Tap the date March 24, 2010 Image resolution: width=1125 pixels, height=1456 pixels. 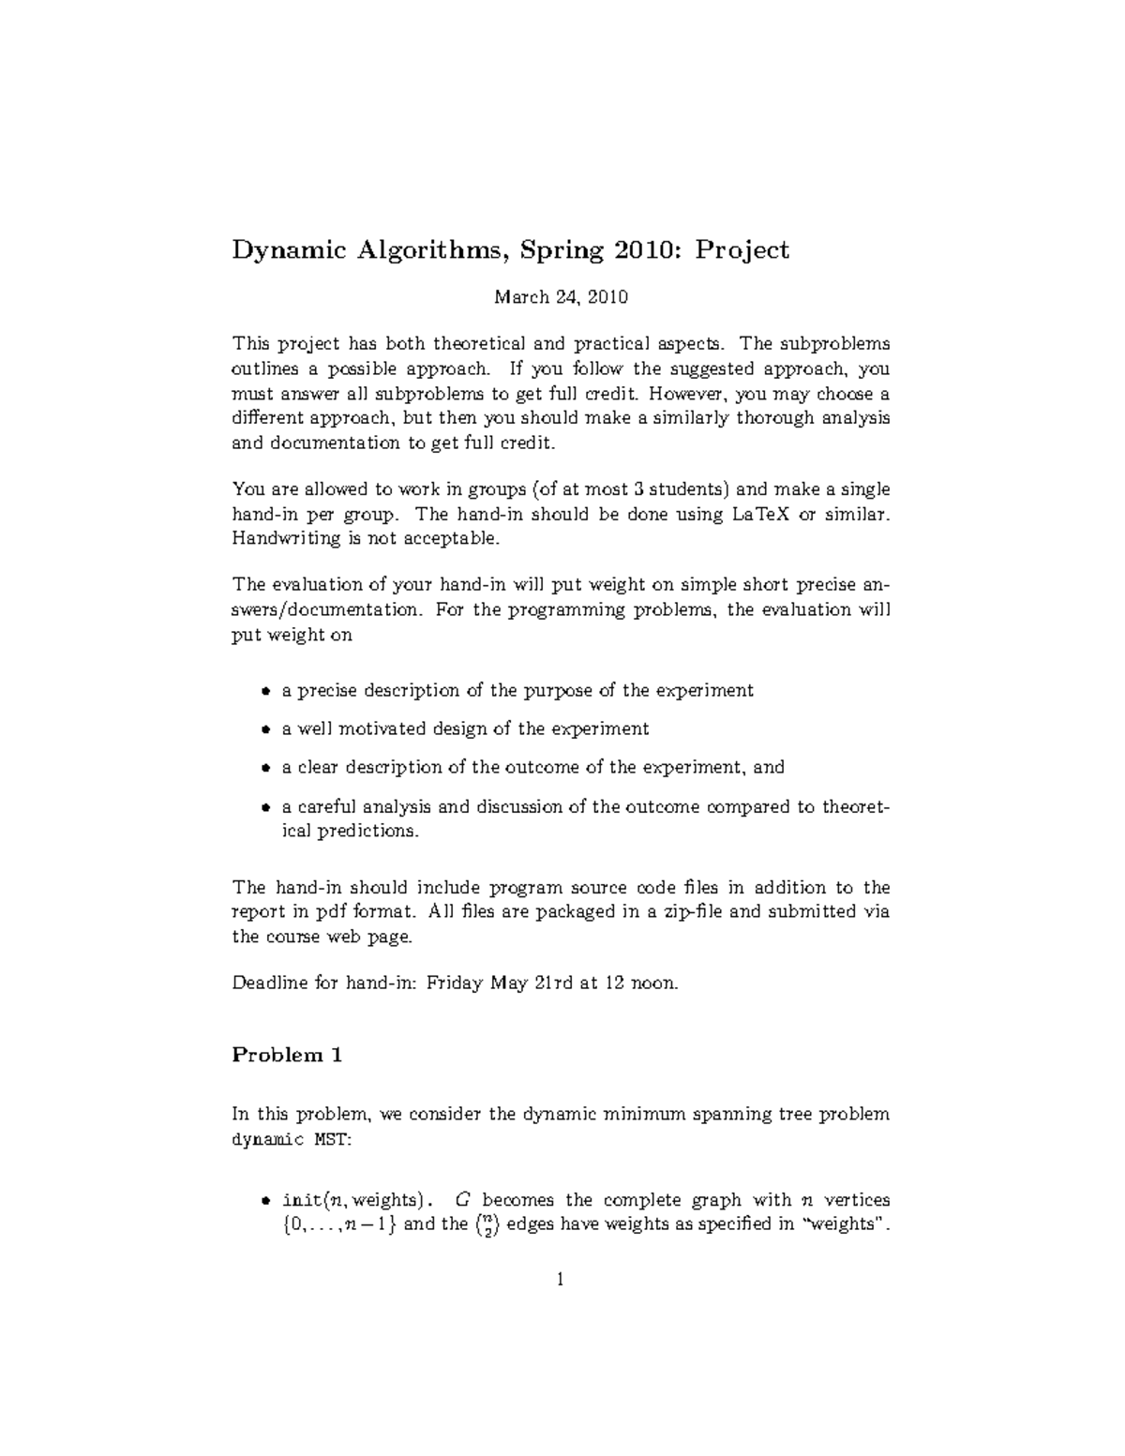[x=561, y=298]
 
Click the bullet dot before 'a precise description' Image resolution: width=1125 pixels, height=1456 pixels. [x=265, y=692]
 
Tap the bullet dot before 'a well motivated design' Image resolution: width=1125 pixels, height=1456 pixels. [x=265, y=730]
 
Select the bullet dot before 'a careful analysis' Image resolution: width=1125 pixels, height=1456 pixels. [x=265, y=807]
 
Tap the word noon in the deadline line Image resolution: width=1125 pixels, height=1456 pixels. [x=653, y=983]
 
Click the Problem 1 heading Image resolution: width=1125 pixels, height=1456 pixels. [x=287, y=1056]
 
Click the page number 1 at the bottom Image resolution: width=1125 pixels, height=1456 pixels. [x=561, y=1279]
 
